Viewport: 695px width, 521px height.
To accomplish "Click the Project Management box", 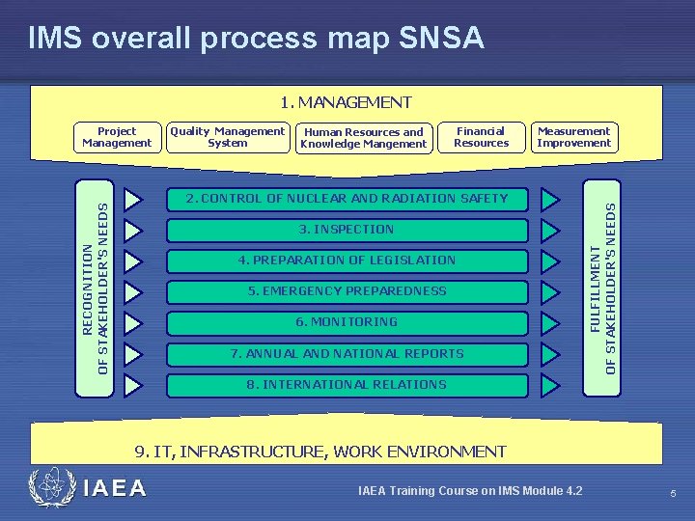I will point(117,137).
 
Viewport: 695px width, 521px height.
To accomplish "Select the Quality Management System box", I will point(228,137).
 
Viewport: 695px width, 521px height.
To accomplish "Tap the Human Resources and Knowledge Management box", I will point(363,138).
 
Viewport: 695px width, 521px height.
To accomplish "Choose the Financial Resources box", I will point(481,137).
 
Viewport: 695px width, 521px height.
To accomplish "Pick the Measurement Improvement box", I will point(574,137).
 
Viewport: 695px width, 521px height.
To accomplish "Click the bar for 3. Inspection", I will point(347,230).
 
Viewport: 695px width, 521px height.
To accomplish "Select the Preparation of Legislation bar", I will point(347,260).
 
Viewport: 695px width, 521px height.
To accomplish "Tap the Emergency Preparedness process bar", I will point(347,291).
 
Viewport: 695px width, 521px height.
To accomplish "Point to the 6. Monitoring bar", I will point(347,322).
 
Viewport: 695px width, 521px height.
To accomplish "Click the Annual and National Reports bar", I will point(347,353).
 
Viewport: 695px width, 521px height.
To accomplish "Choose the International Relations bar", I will point(347,384).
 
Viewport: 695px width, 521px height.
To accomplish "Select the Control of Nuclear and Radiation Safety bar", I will point(347,199).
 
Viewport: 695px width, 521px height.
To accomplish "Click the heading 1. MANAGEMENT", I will point(346,102).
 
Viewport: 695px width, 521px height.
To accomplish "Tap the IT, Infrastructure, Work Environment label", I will point(320,451).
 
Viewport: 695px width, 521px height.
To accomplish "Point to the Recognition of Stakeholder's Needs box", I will point(95,287).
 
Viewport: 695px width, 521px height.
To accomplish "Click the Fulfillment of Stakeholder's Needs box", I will point(602,287).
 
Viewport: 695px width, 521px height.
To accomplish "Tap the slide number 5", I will point(673,494).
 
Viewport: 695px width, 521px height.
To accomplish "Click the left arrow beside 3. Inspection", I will point(133,230).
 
